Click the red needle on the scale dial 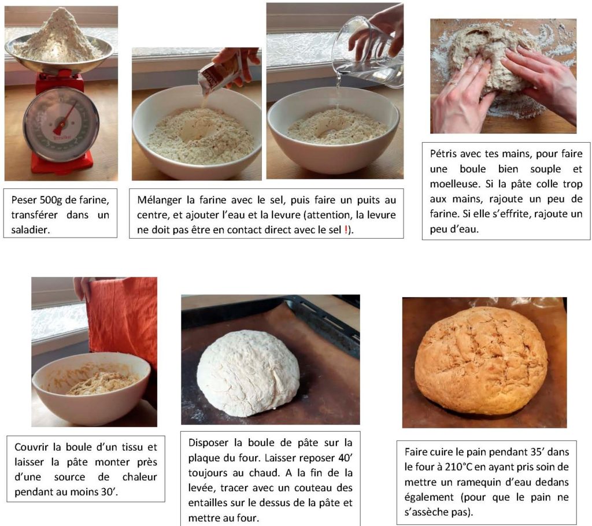point(65,117)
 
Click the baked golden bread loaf point(482,361)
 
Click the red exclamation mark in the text point(346,229)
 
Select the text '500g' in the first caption point(51,200)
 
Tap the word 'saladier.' point(31,230)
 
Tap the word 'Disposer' point(208,443)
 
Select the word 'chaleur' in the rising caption point(139,477)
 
